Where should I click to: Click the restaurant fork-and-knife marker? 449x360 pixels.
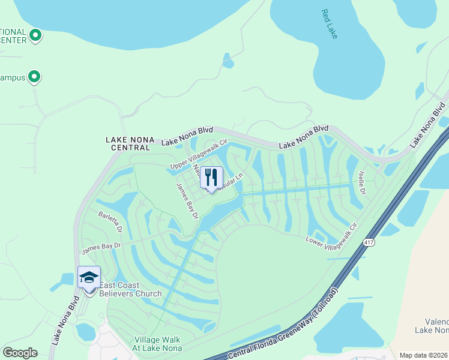click(211, 176)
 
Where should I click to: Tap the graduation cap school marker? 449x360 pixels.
click(89, 277)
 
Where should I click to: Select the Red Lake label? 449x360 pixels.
click(330, 24)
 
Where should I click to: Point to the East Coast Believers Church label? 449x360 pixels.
click(130, 289)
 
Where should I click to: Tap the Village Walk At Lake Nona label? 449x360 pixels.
click(157, 344)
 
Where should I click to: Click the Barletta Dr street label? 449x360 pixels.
click(111, 222)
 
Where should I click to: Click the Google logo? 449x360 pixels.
click(20, 353)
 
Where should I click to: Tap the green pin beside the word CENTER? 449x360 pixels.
click(35, 36)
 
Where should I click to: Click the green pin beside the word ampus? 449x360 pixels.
click(34, 77)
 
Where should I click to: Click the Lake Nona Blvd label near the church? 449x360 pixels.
click(65, 322)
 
